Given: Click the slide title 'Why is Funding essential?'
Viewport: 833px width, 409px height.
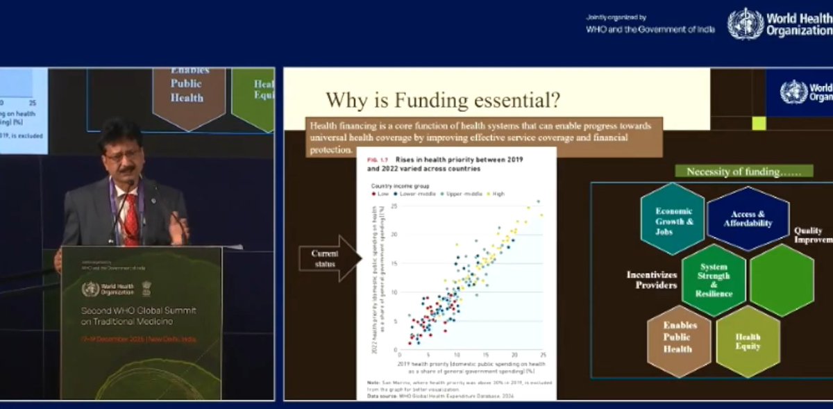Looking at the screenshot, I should point(443,101).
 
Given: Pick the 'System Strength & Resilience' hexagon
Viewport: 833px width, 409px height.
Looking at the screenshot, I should point(714,280).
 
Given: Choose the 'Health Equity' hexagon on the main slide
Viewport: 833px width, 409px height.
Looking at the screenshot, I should point(748,342).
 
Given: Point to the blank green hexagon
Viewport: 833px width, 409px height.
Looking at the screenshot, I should point(782,280).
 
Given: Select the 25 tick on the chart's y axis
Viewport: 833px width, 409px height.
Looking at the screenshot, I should point(394,206).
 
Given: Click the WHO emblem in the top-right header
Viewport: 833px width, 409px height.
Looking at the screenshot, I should point(745,24).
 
